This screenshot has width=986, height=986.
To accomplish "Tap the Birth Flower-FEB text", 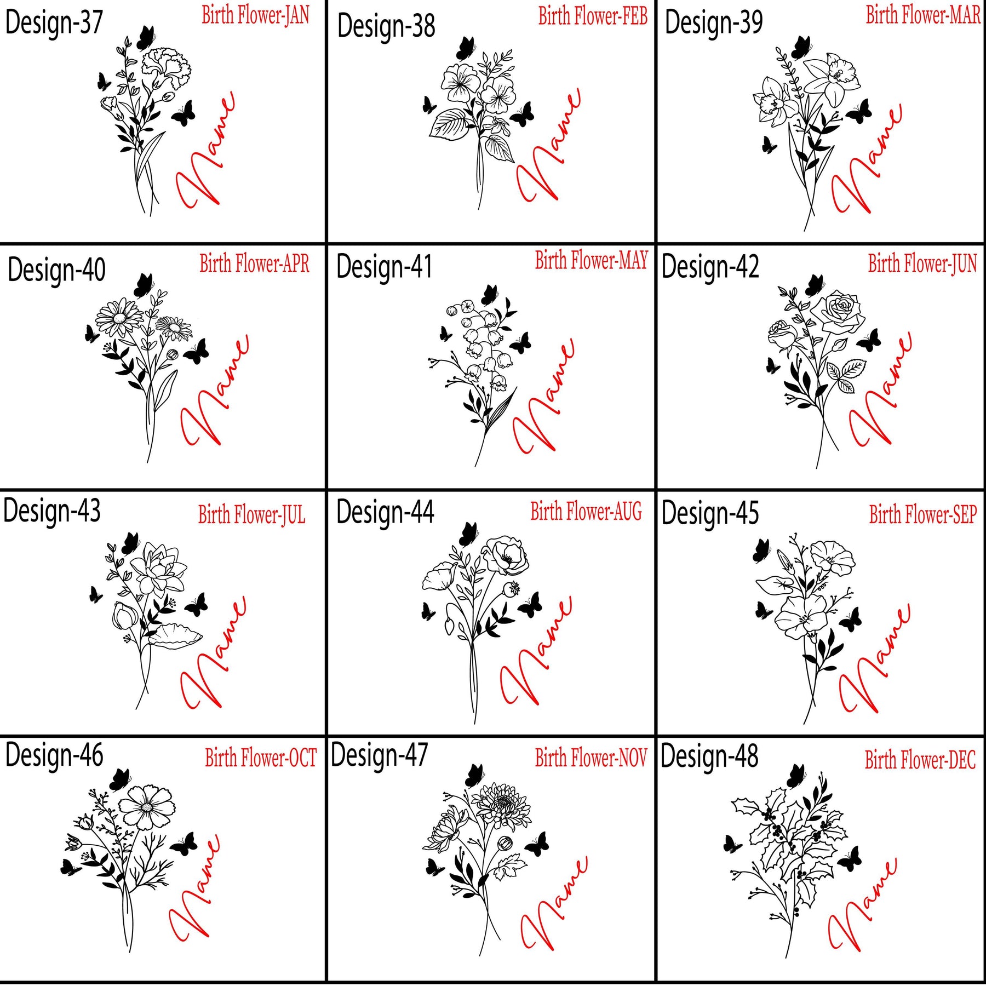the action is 593,16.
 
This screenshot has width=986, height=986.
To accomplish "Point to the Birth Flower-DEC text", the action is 920,760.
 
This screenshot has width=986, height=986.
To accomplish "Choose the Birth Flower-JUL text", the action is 251,515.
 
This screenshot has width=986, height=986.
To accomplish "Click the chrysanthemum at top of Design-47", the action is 501,805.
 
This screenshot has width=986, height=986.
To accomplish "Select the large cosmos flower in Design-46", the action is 147,807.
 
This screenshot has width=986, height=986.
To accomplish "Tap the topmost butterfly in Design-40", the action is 144,285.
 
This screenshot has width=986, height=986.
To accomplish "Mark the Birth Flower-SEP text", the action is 923,515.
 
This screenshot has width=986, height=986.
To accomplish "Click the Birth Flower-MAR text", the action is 923,15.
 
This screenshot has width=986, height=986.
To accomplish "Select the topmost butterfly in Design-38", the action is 466,48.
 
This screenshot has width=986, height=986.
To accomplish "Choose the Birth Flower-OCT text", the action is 261,758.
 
